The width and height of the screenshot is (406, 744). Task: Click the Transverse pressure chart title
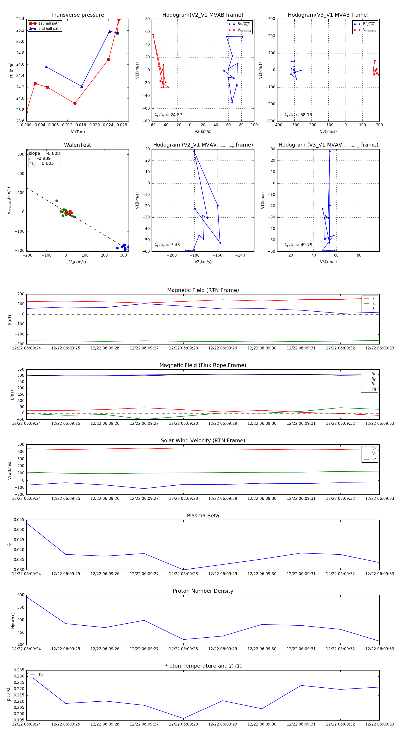77,15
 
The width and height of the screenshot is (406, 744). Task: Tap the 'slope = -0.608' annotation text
44,153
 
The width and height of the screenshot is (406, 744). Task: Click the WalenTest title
77,145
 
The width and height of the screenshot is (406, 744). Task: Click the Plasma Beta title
203,516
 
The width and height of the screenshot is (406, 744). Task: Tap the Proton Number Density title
203,591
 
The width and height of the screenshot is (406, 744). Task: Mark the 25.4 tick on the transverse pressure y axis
20,19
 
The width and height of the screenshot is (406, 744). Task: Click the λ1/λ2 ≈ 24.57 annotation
168,115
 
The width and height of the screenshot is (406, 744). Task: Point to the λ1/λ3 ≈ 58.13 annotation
298,115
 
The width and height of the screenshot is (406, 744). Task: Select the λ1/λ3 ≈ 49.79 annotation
298,245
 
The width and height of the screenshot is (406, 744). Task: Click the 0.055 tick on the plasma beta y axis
19,520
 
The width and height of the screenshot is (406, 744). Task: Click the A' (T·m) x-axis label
77,132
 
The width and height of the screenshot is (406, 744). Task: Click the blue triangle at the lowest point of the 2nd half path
82,86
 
